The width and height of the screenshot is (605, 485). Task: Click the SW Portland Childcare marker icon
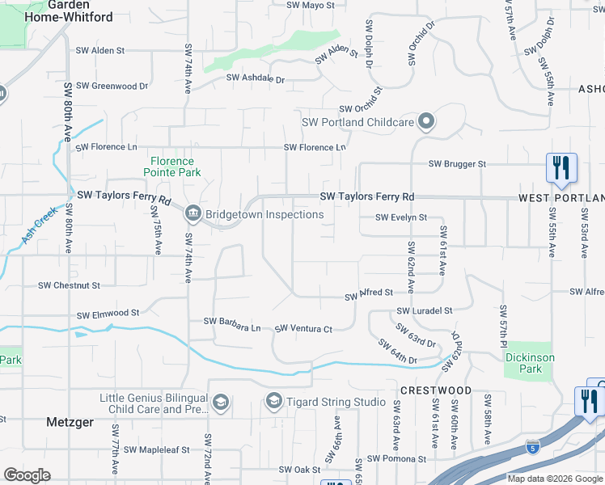[427, 123]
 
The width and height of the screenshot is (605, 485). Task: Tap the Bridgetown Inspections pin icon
[193, 214]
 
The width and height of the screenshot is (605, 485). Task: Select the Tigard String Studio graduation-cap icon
[274, 402]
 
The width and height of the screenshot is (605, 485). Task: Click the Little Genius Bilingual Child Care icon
[220, 403]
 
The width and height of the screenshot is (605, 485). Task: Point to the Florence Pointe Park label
[172, 167]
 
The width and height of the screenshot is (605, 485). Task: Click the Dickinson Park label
[529, 363]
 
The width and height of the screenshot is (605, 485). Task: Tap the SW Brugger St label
[457, 164]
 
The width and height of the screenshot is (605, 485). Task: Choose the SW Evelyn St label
[400, 217]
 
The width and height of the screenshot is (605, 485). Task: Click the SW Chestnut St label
[70, 285]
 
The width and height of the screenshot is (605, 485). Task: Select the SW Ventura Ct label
[303, 329]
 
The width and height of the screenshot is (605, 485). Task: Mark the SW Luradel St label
[424, 310]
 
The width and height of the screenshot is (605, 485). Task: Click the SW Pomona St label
[396, 459]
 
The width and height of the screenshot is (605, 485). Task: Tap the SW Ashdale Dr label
[256, 79]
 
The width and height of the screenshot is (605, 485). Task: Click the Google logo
[27, 474]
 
